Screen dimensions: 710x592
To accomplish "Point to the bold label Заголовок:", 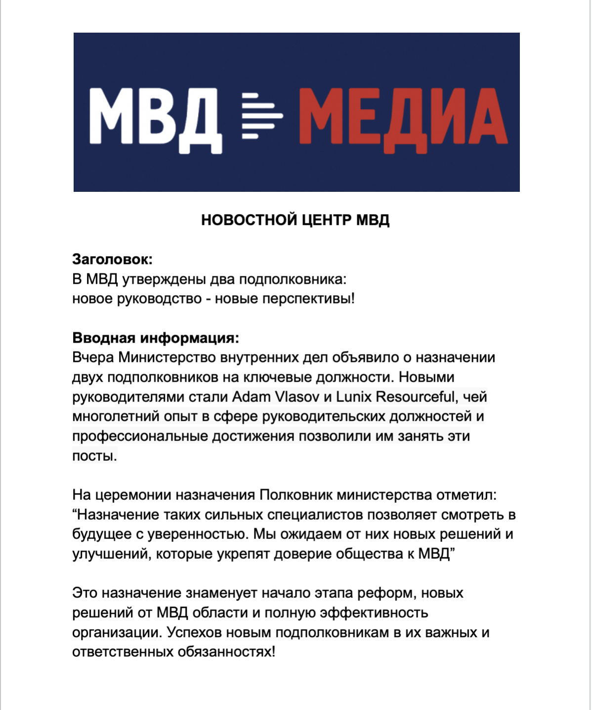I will click(x=113, y=259).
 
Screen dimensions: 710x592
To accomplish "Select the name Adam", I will click(x=252, y=397).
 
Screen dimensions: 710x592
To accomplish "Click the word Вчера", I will click(x=93, y=357).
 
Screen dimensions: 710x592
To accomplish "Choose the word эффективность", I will click(x=374, y=613).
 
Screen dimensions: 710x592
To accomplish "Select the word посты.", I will click(x=94, y=456).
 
